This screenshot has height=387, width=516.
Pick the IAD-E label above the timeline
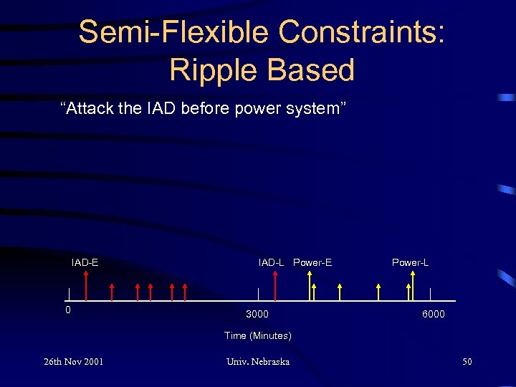85,262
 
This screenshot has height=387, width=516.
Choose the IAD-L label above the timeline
271,262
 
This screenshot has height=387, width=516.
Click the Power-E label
312,262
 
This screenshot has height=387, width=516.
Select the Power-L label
410,262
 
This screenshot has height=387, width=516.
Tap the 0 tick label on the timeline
68,310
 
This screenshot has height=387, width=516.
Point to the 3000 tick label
257,314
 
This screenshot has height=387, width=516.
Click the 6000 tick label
433,314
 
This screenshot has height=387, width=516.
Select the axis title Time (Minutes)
257,335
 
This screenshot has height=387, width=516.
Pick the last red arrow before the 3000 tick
185,291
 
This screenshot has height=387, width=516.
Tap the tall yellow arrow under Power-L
409,288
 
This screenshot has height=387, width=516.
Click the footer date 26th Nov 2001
73,361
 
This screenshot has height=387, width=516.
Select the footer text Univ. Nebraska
257,361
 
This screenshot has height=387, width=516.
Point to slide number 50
467,361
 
